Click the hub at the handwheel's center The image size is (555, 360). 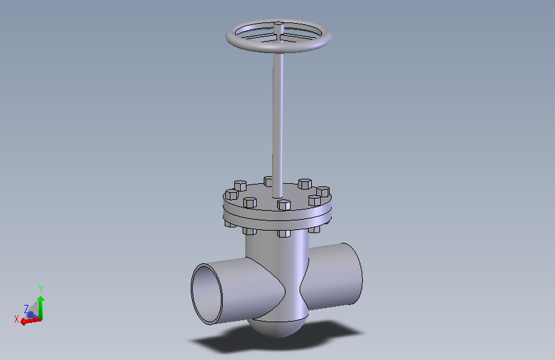[x=278, y=28]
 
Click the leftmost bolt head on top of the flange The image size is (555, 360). [x=231, y=194]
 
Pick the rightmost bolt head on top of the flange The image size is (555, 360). [x=324, y=192]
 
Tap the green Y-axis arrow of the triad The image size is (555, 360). [x=40, y=306]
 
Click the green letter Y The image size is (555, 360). [x=40, y=290]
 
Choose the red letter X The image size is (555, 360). [x=17, y=319]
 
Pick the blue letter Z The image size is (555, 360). [x=26, y=308]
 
